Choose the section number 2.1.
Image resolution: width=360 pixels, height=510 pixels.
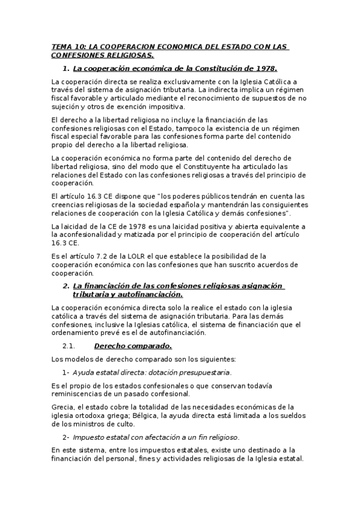tap(68, 345)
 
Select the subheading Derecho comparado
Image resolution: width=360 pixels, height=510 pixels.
tap(133, 345)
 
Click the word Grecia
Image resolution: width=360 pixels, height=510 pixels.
tap(63, 407)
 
